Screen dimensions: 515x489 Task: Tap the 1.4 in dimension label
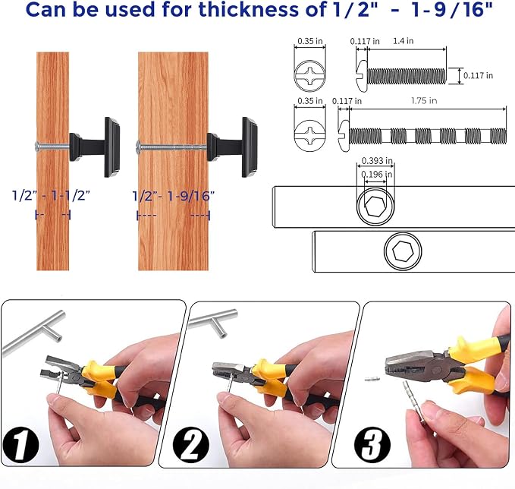pyautogui.click(x=403, y=41)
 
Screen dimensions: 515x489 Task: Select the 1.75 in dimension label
pyautogui.click(x=424, y=101)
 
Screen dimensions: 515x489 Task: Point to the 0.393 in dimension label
pyautogui.click(x=377, y=160)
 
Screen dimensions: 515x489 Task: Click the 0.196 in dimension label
pyautogui.click(x=376, y=174)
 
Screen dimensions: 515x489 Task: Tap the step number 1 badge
pyautogui.click(x=20, y=445)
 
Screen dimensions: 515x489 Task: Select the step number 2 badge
pyautogui.click(x=190, y=445)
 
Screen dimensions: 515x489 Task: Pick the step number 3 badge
pyautogui.click(x=372, y=445)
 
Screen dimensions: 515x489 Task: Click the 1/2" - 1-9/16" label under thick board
pyautogui.click(x=174, y=197)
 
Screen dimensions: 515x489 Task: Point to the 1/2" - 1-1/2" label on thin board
pyautogui.click(x=51, y=196)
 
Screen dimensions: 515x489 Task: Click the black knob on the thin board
pyautogui.click(x=95, y=147)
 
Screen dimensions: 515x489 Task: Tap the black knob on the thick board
pyautogui.click(x=233, y=147)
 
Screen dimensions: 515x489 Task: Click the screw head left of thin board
pyautogui.click(x=38, y=146)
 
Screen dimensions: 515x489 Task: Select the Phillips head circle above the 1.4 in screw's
pyautogui.click(x=309, y=76)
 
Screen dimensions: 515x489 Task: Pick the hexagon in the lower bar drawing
pyautogui.click(x=403, y=251)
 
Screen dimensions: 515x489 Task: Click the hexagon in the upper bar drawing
pyautogui.click(x=375, y=207)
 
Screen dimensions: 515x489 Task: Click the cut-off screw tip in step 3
pyautogui.click(x=372, y=379)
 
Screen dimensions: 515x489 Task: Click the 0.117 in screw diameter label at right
pyautogui.click(x=478, y=75)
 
